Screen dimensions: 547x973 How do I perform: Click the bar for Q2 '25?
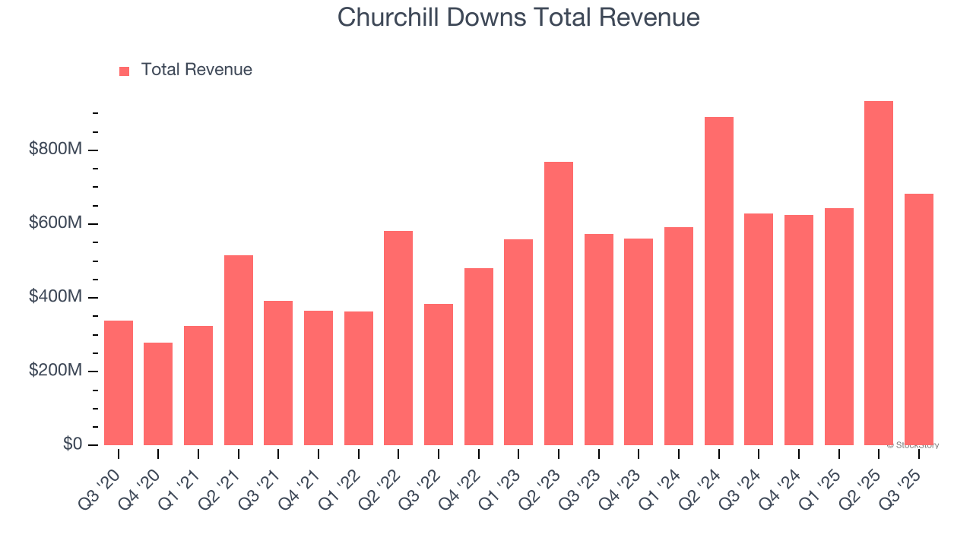pyautogui.click(x=878, y=273)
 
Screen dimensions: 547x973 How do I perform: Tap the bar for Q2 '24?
pyautogui.click(x=718, y=281)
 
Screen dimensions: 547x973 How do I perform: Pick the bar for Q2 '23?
pyautogui.click(x=559, y=303)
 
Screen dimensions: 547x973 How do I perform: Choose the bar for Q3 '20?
pyautogui.click(x=119, y=383)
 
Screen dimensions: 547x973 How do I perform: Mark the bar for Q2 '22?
pyautogui.click(x=398, y=338)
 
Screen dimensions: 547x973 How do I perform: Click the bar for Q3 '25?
pyautogui.click(x=918, y=319)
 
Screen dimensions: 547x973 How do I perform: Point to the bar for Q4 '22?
pyautogui.click(x=478, y=356)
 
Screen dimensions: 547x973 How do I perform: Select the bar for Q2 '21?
pyautogui.click(x=239, y=350)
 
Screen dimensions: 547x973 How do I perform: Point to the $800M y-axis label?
pyautogui.click(x=55, y=150)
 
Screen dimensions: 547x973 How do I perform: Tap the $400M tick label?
pyautogui.click(x=55, y=297)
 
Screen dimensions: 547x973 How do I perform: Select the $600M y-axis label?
pyautogui.click(x=55, y=223)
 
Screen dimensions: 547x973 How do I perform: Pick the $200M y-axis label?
pyautogui.click(x=55, y=371)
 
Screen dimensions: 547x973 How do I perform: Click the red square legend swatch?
pyautogui.click(x=125, y=71)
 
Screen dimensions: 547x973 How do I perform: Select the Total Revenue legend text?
pyautogui.click(x=196, y=70)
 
